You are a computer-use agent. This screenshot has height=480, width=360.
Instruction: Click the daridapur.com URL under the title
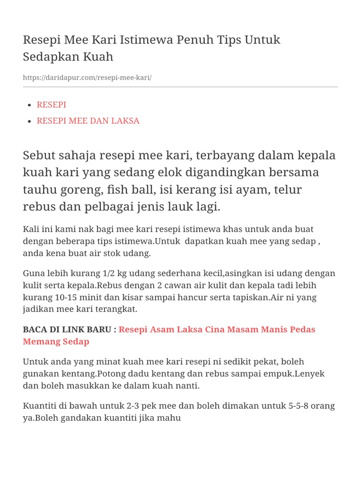tap(87, 77)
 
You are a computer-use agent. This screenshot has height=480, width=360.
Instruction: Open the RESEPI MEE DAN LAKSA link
tap(88, 120)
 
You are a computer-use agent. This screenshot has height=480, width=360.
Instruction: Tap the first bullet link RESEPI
tap(52, 105)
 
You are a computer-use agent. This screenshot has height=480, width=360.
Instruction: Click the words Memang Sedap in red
tap(56, 341)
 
